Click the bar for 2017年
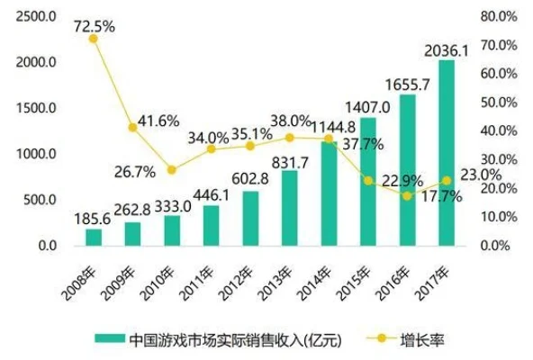pos(447,153)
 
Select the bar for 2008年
pos(94,237)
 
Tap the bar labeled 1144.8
pos(329,193)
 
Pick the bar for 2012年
pos(250,218)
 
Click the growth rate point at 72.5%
pos(94,38)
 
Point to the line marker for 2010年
pos(172,169)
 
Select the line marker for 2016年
pos(408,195)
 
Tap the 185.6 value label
pos(94,219)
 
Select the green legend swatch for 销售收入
pos(108,339)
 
